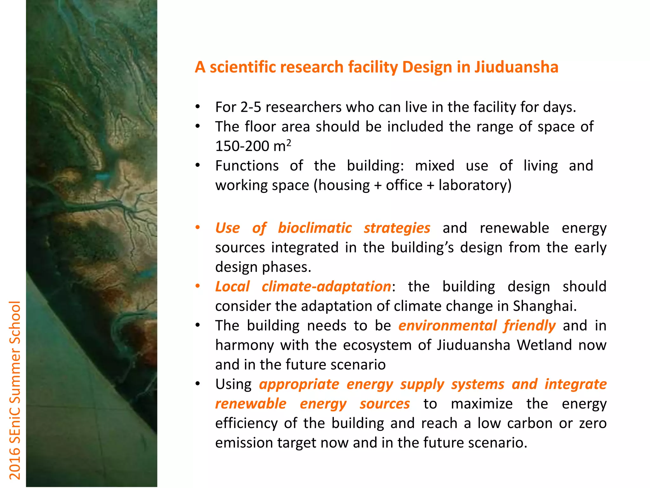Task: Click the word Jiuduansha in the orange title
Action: pos(516,67)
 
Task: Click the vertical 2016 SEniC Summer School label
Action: pos(15,390)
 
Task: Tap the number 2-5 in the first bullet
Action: pos(251,107)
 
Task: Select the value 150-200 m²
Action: pos(253,146)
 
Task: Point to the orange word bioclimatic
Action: pos(315,228)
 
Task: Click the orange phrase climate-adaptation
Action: pos(326,287)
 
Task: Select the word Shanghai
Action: pos(544,306)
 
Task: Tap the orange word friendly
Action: pos(529,326)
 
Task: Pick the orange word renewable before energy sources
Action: pos(251,404)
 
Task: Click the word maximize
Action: pos(481,404)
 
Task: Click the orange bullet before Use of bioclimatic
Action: pos(197,227)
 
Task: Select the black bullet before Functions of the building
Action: pos(197,165)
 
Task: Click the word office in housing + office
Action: pos(404,185)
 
